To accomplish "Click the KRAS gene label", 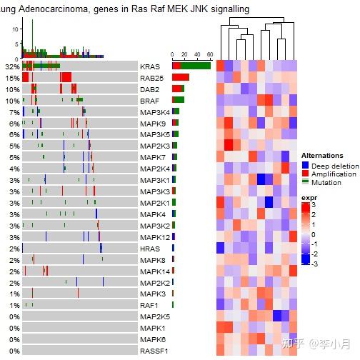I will pyautogui.click(x=151, y=66).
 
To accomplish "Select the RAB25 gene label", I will pyautogui.click(x=152, y=78).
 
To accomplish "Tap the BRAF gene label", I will pyautogui.click(x=151, y=101).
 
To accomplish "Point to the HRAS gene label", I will pyautogui.click(x=151, y=249).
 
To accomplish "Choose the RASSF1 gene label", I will pyautogui.click(x=154, y=351).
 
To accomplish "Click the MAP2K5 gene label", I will pyautogui.click(x=155, y=316).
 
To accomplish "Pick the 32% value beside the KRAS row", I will pyautogui.click(x=11, y=66).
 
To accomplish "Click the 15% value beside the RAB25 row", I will pyautogui.click(x=11, y=78).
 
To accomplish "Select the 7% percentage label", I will pyautogui.click(x=14, y=112).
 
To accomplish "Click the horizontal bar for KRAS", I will pyautogui.click(x=191, y=66).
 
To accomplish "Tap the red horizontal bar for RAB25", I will pyautogui.click(x=181, y=77).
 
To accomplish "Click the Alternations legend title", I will pyautogui.click(x=321, y=155).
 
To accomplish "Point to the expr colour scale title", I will pyautogui.click(x=309, y=198).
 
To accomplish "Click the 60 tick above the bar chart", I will pyautogui.click(x=209, y=54).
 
